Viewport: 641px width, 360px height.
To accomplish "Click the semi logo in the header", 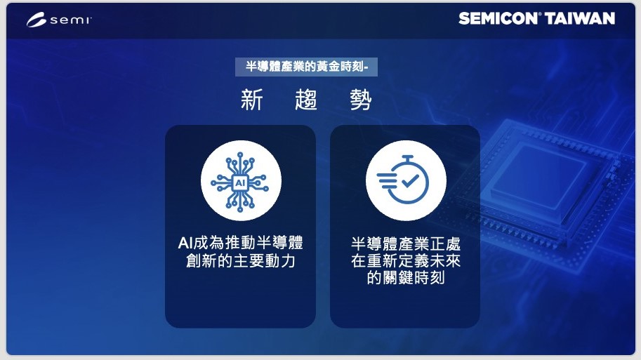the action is (x=59, y=20).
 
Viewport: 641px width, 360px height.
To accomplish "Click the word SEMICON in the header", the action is (x=498, y=18).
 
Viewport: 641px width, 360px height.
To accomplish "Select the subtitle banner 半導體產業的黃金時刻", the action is (x=306, y=67).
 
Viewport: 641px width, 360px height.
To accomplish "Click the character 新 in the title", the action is (x=251, y=100).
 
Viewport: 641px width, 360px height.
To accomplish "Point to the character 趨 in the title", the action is (x=306, y=100).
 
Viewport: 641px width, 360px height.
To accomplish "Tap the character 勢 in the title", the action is (x=361, y=100).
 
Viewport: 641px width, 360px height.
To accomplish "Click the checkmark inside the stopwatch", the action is (x=410, y=180).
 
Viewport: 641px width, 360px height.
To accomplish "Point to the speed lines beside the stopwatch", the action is (x=386, y=181).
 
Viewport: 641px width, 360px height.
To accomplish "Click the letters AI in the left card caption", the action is (x=185, y=243).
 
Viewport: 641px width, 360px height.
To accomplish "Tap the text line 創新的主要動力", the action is (x=240, y=261).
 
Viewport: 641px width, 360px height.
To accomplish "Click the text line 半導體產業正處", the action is (x=406, y=244).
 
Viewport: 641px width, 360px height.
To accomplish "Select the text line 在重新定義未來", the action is (x=406, y=261).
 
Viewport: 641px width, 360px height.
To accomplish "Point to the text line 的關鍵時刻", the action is (x=406, y=278).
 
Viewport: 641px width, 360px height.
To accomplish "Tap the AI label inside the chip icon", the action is (x=240, y=182).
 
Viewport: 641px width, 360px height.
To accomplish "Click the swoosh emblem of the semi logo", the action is (x=37, y=20).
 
